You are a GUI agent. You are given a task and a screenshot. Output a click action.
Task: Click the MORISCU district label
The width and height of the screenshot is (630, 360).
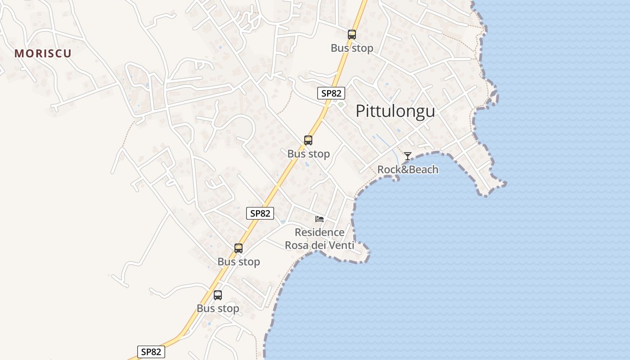pos(43,54)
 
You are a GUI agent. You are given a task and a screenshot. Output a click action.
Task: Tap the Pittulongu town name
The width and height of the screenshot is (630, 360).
pos(395,111)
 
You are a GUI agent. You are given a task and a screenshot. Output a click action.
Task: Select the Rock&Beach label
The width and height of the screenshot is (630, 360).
pos(407,170)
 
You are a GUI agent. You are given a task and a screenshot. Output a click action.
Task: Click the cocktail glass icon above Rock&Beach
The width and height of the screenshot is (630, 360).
pos(407,156)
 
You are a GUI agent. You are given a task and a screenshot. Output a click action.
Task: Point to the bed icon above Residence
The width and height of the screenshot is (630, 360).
pos(319,219)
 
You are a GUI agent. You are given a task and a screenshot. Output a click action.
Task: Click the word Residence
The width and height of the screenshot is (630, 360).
pos(319,233)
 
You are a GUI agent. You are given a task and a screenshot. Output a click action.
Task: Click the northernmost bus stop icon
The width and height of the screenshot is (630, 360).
pos(352,35)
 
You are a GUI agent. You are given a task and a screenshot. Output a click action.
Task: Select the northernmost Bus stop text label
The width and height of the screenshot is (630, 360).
pos(352,48)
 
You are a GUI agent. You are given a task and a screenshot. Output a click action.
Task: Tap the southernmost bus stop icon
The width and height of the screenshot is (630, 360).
pos(218,295)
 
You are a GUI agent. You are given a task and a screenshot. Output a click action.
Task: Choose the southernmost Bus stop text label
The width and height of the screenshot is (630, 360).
pos(218,309)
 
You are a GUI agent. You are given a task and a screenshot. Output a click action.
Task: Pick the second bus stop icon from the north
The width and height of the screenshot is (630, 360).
pos(308,140)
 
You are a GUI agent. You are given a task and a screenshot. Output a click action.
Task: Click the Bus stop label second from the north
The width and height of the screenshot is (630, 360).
pos(308,154)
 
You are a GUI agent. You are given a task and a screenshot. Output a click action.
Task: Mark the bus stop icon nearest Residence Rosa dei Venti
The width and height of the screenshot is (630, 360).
pos(238,248)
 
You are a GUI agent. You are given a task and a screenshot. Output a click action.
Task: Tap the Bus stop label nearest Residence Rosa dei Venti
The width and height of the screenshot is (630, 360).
pos(238,262)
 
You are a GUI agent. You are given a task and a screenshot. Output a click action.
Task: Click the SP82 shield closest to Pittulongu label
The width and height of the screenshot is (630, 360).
pos(331,93)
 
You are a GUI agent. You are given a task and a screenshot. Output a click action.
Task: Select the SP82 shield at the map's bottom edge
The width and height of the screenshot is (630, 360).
pos(151,352)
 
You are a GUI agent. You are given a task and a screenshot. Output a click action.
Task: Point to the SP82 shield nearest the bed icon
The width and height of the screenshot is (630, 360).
pos(260,213)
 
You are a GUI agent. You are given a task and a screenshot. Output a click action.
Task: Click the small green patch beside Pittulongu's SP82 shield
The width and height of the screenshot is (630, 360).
pos(341,105)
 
